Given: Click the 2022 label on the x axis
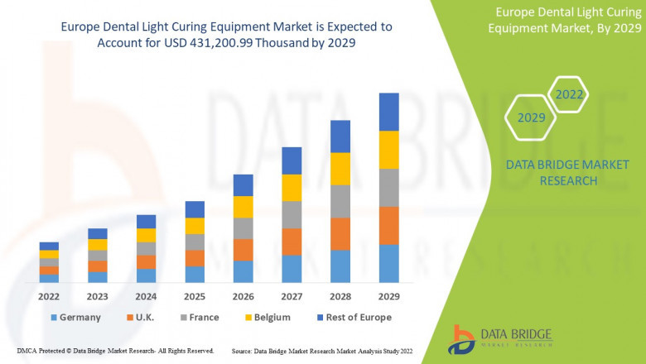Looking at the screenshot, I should (49, 295).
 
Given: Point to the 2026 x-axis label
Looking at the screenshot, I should (243, 295).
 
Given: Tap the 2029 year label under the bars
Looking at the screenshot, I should (388, 295).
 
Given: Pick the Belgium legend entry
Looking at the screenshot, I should (270, 317).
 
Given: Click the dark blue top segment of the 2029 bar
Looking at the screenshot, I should (388, 112).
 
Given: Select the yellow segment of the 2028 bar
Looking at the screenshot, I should (340, 169).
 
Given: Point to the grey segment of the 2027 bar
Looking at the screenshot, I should (292, 214).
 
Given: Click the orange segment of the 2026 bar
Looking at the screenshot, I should (243, 250).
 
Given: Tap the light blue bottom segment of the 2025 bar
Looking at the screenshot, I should (195, 275).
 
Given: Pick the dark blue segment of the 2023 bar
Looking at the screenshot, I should (98, 233).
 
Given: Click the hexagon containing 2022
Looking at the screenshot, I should (569, 94).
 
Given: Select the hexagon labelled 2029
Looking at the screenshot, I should (531, 117).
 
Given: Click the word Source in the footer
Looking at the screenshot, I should (242, 351).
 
